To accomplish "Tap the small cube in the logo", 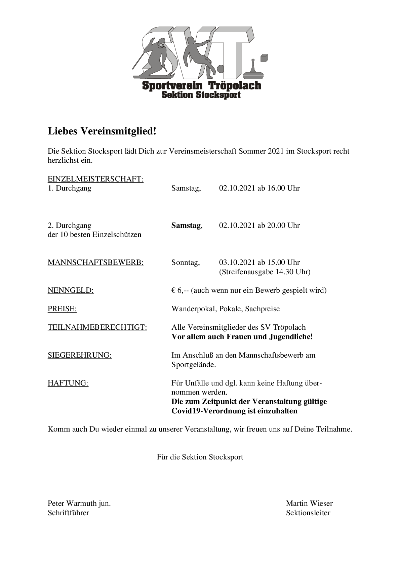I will click(x=265, y=58).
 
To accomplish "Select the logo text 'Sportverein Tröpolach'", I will click(x=201, y=85).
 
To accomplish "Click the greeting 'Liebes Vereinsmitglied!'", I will click(x=102, y=131).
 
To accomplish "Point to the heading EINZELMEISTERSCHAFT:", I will click(x=95, y=179).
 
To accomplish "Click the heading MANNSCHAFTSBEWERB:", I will click(x=95, y=262).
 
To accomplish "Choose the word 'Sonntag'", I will click(x=185, y=262).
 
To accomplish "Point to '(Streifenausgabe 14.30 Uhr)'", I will click(x=265, y=272).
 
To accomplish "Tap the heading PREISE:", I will click(x=62, y=309).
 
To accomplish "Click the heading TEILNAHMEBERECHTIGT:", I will click(x=97, y=327).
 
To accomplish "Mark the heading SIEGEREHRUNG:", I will click(x=80, y=355).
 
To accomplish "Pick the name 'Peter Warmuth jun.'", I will click(x=79, y=503).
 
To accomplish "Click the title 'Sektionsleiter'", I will click(x=308, y=513).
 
